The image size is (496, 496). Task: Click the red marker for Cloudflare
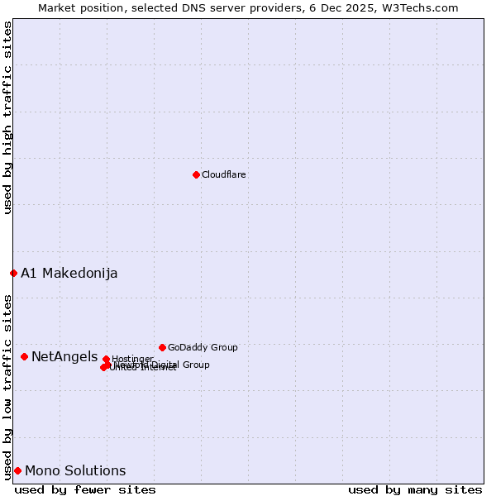pyautogui.click(x=196, y=174)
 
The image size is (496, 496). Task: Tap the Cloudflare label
pyautogui.click(x=224, y=174)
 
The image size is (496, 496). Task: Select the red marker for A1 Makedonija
pyautogui.click(x=13, y=273)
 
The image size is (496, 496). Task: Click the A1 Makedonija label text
pyautogui.click(x=69, y=273)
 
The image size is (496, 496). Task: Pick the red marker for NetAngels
pyautogui.click(x=24, y=356)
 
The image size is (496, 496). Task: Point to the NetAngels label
pyautogui.click(x=64, y=356)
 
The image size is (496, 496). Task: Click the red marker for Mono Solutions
pyautogui.click(x=17, y=470)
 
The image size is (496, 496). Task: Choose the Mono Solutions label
pyautogui.click(x=75, y=470)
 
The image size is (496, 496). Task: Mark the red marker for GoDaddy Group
pyautogui.click(x=162, y=347)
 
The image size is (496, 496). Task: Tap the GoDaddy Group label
pyautogui.click(x=203, y=347)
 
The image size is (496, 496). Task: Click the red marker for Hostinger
pyautogui.click(x=106, y=359)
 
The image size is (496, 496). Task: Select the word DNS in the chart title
pyautogui.click(x=202, y=7)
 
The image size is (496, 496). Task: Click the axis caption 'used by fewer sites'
pyautogui.click(x=85, y=489)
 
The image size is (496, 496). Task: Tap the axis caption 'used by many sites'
pyautogui.click(x=415, y=489)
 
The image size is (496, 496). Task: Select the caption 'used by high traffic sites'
pyautogui.click(x=7, y=117)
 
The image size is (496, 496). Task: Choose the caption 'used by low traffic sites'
pyautogui.click(x=7, y=386)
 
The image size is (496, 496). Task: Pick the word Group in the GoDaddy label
pyautogui.click(x=223, y=347)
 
